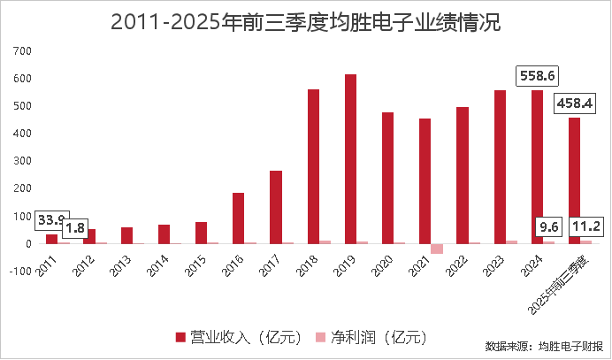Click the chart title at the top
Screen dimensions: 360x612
pyautogui.click(x=306, y=23)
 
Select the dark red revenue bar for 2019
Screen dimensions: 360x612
pyautogui.click(x=351, y=158)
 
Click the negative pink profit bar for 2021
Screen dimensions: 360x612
pyautogui.click(x=437, y=249)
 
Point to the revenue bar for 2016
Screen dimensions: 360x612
pyautogui.click(x=239, y=218)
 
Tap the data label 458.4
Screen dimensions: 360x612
pyautogui.click(x=574, y=103)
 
